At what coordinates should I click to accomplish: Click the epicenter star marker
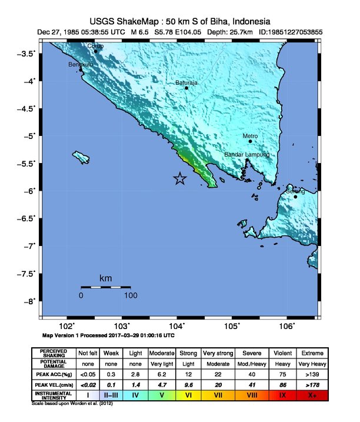coord(180,179)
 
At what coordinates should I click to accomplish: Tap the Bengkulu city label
coord(81,64)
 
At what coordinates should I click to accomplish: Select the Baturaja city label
coord(186,83)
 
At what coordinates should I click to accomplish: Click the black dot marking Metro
coord(250,141)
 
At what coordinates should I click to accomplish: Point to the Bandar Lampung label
coord(246,155)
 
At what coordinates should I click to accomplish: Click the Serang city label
coord(295,191)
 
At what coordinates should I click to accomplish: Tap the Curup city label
coord(95,46)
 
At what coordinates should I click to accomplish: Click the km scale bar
coord(105,287)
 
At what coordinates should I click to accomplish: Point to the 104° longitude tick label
coord(177,327)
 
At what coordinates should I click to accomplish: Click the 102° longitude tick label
coord(67,327)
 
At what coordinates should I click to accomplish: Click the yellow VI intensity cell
coord(189,395)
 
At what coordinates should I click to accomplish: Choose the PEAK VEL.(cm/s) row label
coord(54,384)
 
